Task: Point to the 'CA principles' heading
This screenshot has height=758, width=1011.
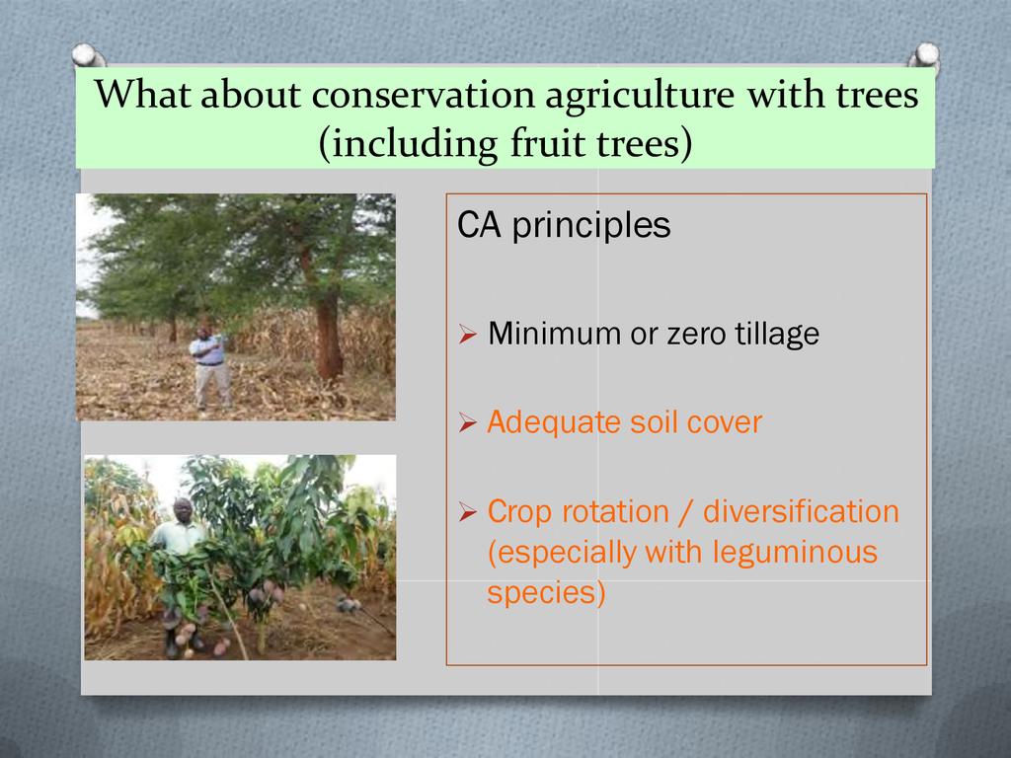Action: tap(564, 226)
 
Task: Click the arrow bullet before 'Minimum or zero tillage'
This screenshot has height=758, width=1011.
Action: tap(467, 335)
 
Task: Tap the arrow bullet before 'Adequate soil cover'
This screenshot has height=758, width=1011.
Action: tap(467, 423)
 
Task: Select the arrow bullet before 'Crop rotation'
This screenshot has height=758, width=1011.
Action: tap(467, 513)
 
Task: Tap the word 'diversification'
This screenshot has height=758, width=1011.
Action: tap(801, 512)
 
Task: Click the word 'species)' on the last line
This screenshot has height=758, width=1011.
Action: tap(547, 593)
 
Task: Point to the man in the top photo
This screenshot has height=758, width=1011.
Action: tap(209, 364)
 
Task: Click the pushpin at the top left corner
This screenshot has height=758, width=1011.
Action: tap(88, 55)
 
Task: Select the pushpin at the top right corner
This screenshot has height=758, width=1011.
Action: tap(924, 56)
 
